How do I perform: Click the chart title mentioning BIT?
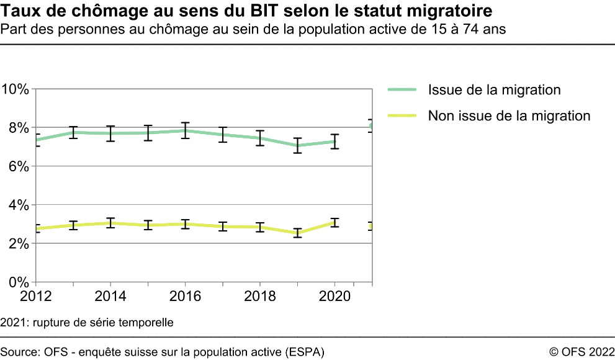tap(248, 11)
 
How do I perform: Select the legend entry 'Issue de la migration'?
tap(494, 90)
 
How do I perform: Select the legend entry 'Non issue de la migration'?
tap(509, 115)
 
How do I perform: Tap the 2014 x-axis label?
tap(110, 296)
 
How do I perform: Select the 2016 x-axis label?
tap(185, 296)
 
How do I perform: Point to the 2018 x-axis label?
tap(260, 296)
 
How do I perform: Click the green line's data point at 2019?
tap(297, 146)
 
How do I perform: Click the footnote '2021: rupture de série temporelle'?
tap(87, 323)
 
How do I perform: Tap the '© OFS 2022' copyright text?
tap(581, 352)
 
